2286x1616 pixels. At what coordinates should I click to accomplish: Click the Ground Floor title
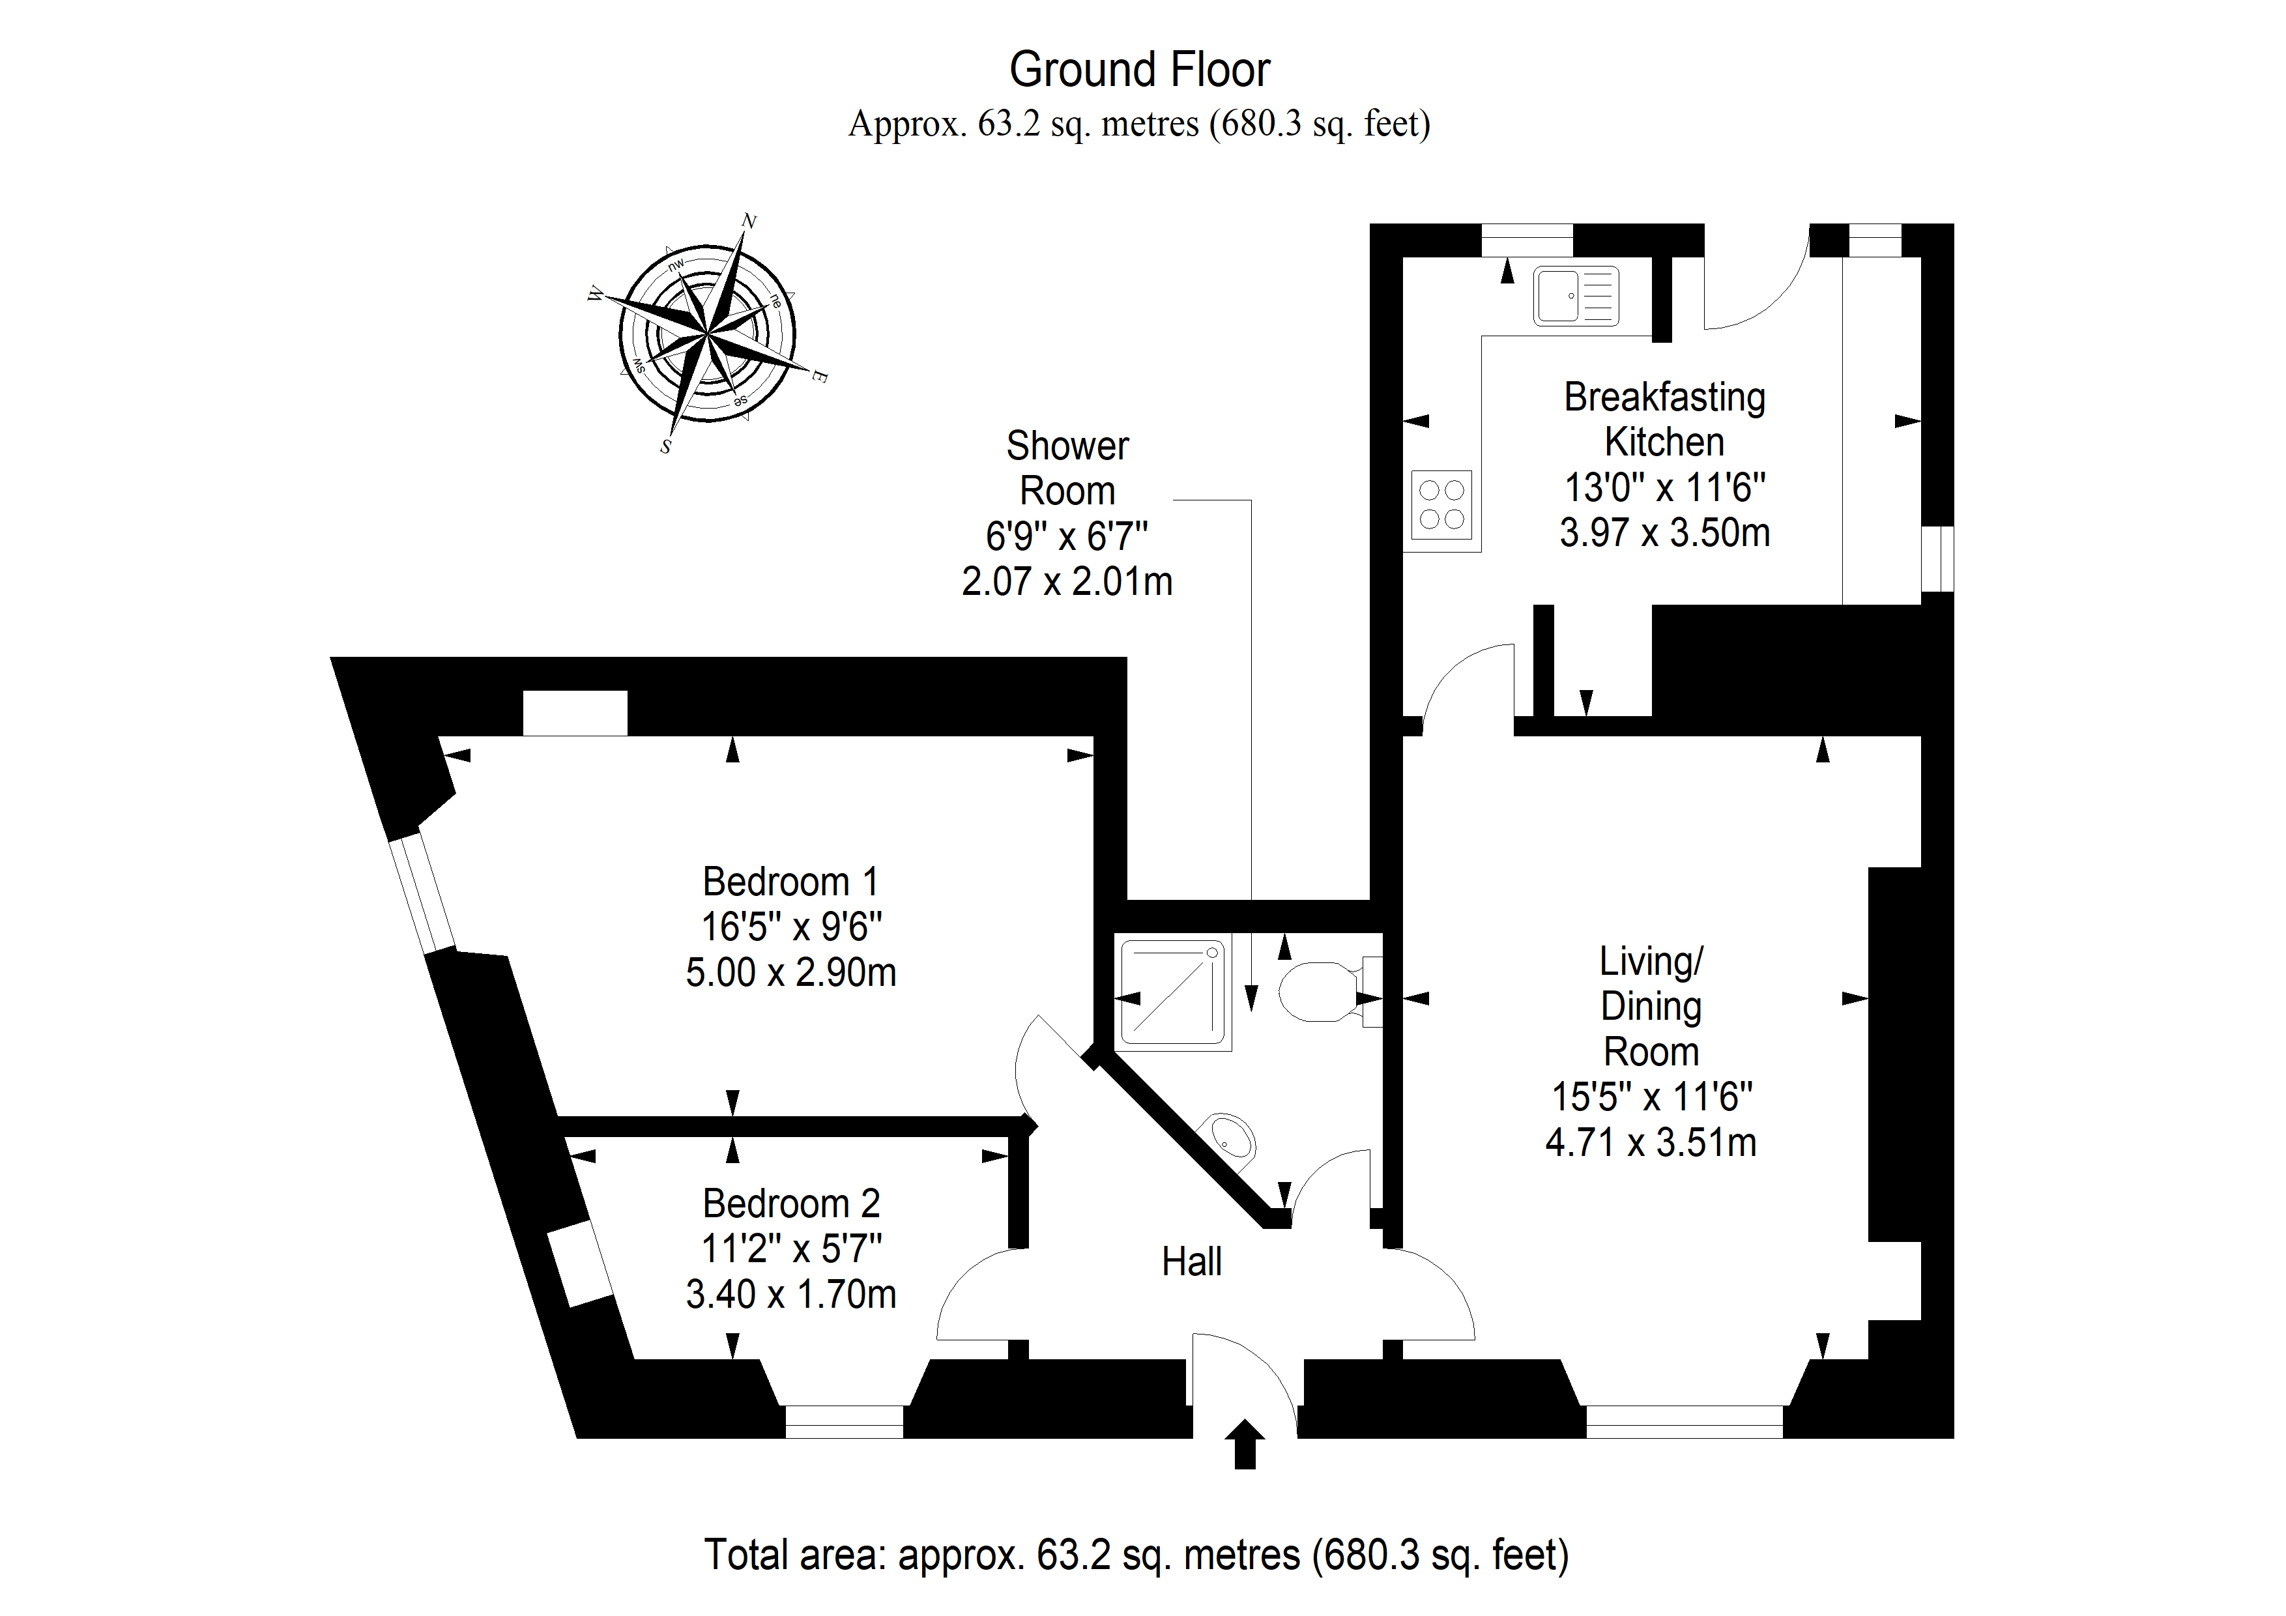[x=1139, y=70]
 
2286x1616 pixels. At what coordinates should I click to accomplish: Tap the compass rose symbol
[x=708, y=332]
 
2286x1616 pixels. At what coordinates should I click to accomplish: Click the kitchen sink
[x=1576, y=296]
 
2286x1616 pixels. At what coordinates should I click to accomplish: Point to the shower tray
[x=1173, y=992]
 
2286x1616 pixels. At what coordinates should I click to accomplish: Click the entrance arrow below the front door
[x=1245, y=1444]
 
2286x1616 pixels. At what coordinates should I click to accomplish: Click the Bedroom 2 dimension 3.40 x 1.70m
[x=790, y=1294]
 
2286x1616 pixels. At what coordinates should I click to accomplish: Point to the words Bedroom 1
[x=790, y=882]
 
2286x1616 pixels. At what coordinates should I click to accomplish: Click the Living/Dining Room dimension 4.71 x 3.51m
[x=1651, y=1142]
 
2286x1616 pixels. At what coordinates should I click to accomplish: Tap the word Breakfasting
[x=1665, y=397]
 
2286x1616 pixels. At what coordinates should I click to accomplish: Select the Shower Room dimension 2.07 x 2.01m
[x=1066, y=581]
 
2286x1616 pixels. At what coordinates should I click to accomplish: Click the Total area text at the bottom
[x=1136, y=1554]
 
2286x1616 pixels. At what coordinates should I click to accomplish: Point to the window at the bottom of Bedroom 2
[x=845, y=1422]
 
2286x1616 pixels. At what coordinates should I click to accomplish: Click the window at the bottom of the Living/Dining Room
[x=1685, y=1422]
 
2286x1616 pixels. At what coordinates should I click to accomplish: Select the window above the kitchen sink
[x=1526, y=240]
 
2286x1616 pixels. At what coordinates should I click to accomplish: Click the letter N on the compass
[x=749, y=221]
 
